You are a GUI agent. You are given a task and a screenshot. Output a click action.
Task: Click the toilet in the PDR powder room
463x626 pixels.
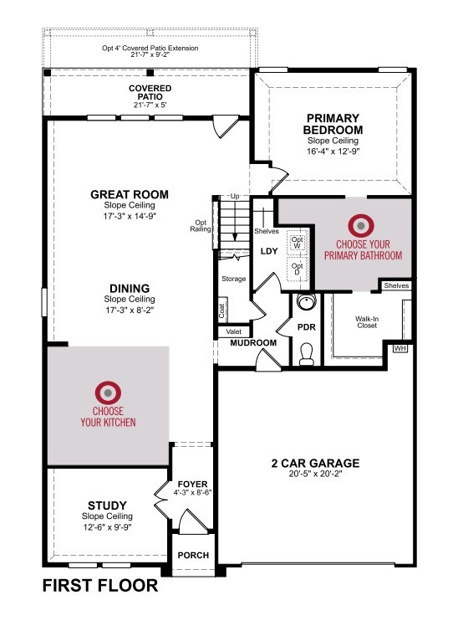[306, 354]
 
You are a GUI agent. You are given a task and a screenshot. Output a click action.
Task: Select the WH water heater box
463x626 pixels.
[400, 348]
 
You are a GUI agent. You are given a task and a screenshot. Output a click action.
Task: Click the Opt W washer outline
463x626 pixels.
[297, 243]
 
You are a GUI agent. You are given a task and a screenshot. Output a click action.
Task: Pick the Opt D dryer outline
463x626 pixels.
[297, 269]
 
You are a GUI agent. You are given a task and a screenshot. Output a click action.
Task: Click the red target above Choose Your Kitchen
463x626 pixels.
[108, 393]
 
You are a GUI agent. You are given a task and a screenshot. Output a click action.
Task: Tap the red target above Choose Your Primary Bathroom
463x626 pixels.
[361, 226]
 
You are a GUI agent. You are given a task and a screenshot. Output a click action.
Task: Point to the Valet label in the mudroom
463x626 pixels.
[234, 331]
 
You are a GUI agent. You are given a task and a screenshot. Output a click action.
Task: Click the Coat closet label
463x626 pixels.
[222, 309]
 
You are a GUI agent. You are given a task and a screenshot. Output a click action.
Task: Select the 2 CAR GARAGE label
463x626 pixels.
[315, 463]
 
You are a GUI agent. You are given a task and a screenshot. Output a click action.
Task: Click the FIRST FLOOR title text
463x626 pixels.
[100, 586]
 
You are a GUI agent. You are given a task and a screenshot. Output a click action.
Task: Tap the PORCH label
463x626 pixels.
[193, 556]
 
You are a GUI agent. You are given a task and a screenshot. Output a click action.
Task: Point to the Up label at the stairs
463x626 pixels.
[235, 196]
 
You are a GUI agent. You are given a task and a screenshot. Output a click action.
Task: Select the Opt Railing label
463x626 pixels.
[201, 226]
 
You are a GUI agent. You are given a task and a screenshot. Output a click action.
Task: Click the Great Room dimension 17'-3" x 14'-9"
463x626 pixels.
[130, 216]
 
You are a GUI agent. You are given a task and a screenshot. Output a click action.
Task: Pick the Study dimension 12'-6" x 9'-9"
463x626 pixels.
[107, 527]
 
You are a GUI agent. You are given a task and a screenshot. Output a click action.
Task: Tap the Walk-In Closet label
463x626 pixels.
[367, 322]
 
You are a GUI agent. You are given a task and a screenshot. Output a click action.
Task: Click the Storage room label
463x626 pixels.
[234, 279]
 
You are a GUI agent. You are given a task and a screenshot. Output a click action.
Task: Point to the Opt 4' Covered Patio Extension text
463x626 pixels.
[150, 48]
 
